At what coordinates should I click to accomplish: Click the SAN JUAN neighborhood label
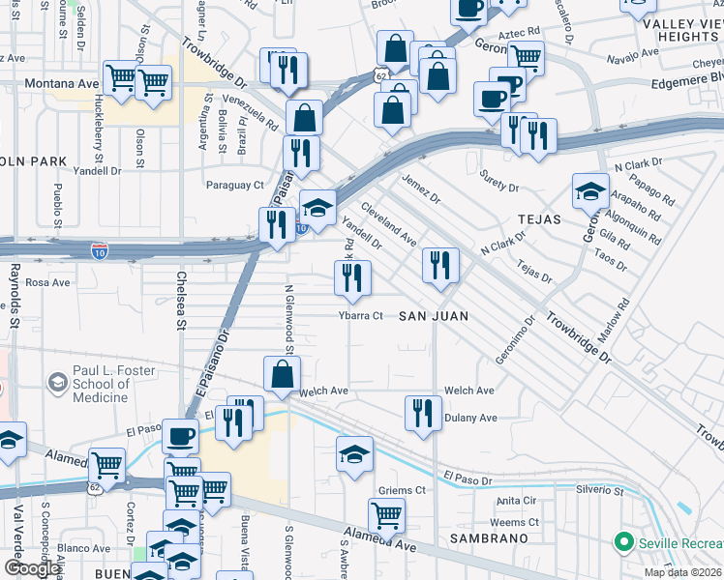(x=434, y=316)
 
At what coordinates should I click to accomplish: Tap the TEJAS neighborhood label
(x=538, y=219)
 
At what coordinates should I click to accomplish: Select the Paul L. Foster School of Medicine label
(x=101, y=385)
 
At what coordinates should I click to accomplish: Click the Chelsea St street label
(x=180, y=302)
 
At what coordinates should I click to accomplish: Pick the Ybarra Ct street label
(x=361, y=316)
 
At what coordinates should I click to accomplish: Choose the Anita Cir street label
(x=516, y=501)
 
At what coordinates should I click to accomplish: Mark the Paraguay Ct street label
(x=234, y=185)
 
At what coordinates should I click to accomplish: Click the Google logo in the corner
(x=32, y=568)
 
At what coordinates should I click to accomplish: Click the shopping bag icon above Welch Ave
(x=282, y=374)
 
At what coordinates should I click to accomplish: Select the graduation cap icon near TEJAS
(x=589, y=190)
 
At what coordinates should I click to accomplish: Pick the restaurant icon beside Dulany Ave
(x=422, y=413)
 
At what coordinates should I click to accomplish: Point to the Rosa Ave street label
(x=48, y=282)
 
